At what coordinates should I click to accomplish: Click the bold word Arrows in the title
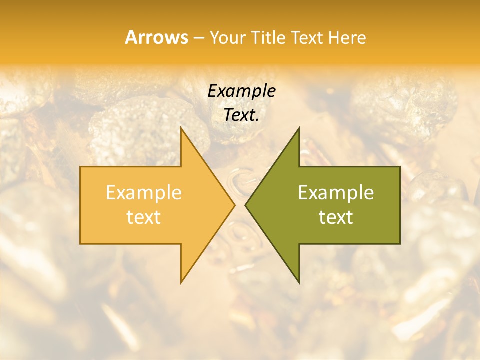(x=156, y=37)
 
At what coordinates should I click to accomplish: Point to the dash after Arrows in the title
(x=198, y=38)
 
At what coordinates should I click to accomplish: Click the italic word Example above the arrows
(x=241, y=91)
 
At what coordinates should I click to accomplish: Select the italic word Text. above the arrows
(x=241, y=115)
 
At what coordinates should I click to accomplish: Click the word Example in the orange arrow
(x=143, y=193)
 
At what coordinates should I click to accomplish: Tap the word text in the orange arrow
(x=143, y=217)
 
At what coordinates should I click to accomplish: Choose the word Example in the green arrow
(x=336, y=193)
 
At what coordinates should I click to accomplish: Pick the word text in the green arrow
(x=336, y=217)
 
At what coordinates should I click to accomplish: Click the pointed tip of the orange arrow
(x=235, y=205)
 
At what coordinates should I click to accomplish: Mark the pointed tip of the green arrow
(x=245, y=205)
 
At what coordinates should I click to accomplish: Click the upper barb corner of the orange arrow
(x=181, y=127)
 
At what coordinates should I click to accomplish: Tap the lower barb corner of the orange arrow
(x=181, y=283)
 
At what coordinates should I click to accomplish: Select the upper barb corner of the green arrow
(x=299, y=127)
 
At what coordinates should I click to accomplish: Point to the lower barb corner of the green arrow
(x=299, y=283)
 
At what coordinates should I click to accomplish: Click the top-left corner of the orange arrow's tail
(x=80, y=167)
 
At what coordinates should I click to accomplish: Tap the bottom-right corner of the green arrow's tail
(x=400, y=244)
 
